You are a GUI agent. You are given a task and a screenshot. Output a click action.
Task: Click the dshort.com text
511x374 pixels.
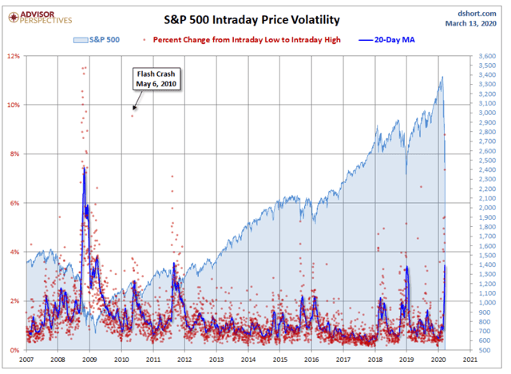coord(477,13)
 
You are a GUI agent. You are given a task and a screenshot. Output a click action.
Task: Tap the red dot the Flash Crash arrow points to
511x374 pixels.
coord(133,116)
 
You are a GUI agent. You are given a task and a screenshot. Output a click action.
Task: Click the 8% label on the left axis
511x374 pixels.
coord(14,154)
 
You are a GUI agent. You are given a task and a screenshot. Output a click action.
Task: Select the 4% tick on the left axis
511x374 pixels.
coord(14,253)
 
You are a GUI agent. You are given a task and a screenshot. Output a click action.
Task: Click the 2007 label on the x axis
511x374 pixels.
coord(26,360)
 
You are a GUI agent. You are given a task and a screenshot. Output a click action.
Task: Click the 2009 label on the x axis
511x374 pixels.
coord(89,360)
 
